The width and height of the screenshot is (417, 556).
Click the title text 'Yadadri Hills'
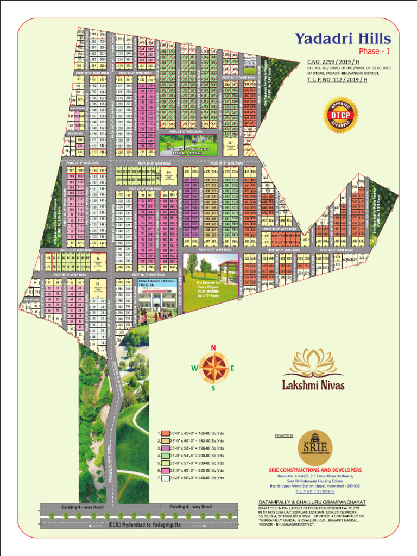coord(342,39)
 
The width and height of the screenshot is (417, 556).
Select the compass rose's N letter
coord(213,348)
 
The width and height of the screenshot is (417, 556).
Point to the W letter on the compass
coord(194,368)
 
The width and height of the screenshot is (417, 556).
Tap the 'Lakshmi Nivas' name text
coord(313,386)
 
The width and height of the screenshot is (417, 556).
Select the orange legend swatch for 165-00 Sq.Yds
coord(163,433)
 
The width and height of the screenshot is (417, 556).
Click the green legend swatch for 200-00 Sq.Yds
coord(163,456)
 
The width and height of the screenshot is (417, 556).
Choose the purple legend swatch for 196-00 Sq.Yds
coord(163,448)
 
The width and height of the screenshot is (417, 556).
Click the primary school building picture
coord(156,299)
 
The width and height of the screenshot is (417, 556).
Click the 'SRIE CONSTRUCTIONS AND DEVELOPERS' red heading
coord(315,470)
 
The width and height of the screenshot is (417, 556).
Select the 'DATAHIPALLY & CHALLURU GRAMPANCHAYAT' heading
coord(312,501)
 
